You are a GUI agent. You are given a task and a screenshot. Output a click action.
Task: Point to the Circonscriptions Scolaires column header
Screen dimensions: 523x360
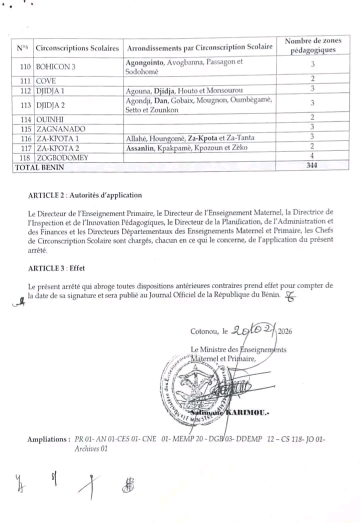77,48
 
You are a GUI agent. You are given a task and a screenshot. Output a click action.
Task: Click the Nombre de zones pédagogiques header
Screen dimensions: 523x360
312,45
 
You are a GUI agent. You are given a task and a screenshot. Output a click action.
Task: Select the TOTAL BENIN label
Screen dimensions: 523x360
40,167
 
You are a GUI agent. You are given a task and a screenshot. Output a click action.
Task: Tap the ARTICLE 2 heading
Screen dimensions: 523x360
85,195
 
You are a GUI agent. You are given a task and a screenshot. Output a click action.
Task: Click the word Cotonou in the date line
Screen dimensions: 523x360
205,331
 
